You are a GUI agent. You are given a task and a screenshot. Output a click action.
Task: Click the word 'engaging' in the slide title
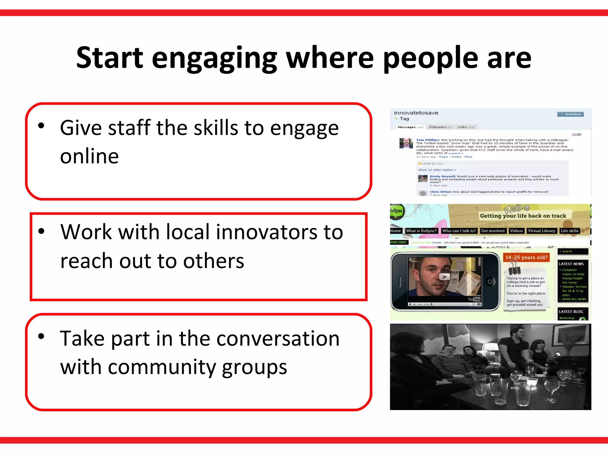coord(214,58)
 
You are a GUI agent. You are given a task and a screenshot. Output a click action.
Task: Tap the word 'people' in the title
coord(430,58)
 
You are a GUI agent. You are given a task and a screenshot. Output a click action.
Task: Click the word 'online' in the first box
coord(89,156)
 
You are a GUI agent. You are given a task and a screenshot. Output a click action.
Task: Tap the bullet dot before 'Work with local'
coord(41,231)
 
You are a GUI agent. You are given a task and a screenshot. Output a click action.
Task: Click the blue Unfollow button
coord(570,114)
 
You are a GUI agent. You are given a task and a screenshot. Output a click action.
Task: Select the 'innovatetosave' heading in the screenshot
coord(416,113)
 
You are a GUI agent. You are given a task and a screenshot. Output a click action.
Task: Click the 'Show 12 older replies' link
coord(437,170)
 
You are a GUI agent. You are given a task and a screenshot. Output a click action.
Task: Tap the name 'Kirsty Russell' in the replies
coord(442,176)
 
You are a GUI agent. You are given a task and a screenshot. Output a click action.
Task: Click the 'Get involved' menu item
coord(493,231)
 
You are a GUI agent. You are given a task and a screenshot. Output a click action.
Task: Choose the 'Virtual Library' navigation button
coord(541,231)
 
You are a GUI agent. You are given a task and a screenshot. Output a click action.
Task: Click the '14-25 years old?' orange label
coord(526,257)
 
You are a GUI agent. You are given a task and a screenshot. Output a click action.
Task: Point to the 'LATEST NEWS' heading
coord(571,264)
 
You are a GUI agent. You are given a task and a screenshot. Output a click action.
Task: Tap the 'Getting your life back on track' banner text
coord(523,216)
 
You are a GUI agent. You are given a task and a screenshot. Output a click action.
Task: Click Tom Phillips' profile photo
coord(406,143)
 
